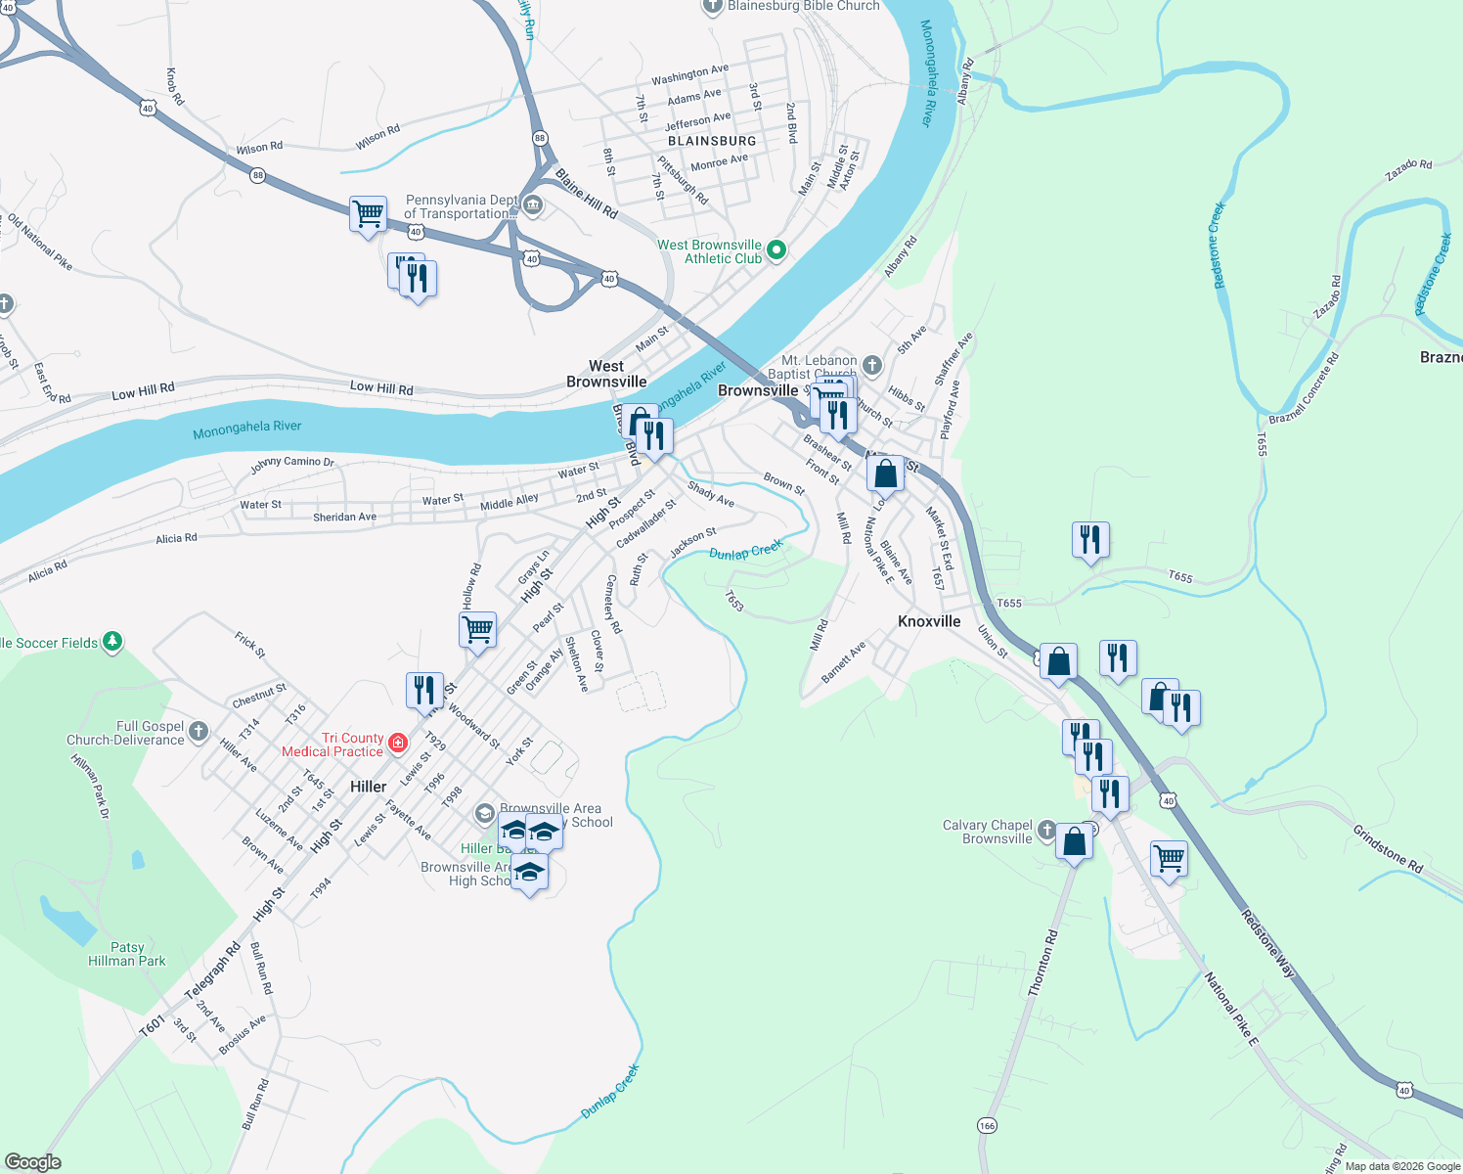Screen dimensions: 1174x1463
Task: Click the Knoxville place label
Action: click(929, 621)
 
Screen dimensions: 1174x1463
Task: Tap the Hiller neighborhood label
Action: click(368, 787)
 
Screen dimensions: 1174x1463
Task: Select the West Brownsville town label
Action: click(606, 374)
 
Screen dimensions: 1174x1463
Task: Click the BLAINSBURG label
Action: click(712, 141)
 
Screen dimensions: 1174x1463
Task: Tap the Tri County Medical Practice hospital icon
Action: click(398, 743)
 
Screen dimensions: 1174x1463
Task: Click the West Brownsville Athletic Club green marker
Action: click(776, 249)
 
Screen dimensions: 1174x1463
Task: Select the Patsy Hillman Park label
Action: click(127, 954)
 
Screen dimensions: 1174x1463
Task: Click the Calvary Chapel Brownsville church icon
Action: click(1046, 831)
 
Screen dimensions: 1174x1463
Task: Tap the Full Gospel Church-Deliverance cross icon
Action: click(199, 731)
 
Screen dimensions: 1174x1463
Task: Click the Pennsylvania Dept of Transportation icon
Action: click(533, 204)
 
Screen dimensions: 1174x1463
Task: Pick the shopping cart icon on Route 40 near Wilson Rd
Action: click(368, 212)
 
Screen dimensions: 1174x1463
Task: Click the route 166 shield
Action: click(987, 1126)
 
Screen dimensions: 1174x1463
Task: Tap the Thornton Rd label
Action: click(1042, 963)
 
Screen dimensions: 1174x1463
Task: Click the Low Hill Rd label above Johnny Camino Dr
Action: click(381, 387)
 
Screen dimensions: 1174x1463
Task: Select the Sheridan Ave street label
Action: click(344, 517)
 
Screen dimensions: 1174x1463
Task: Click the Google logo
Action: click(33, 1162)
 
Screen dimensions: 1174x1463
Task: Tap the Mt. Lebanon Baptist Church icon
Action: click(871, 366)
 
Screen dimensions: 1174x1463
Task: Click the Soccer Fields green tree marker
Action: click(112, 641)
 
